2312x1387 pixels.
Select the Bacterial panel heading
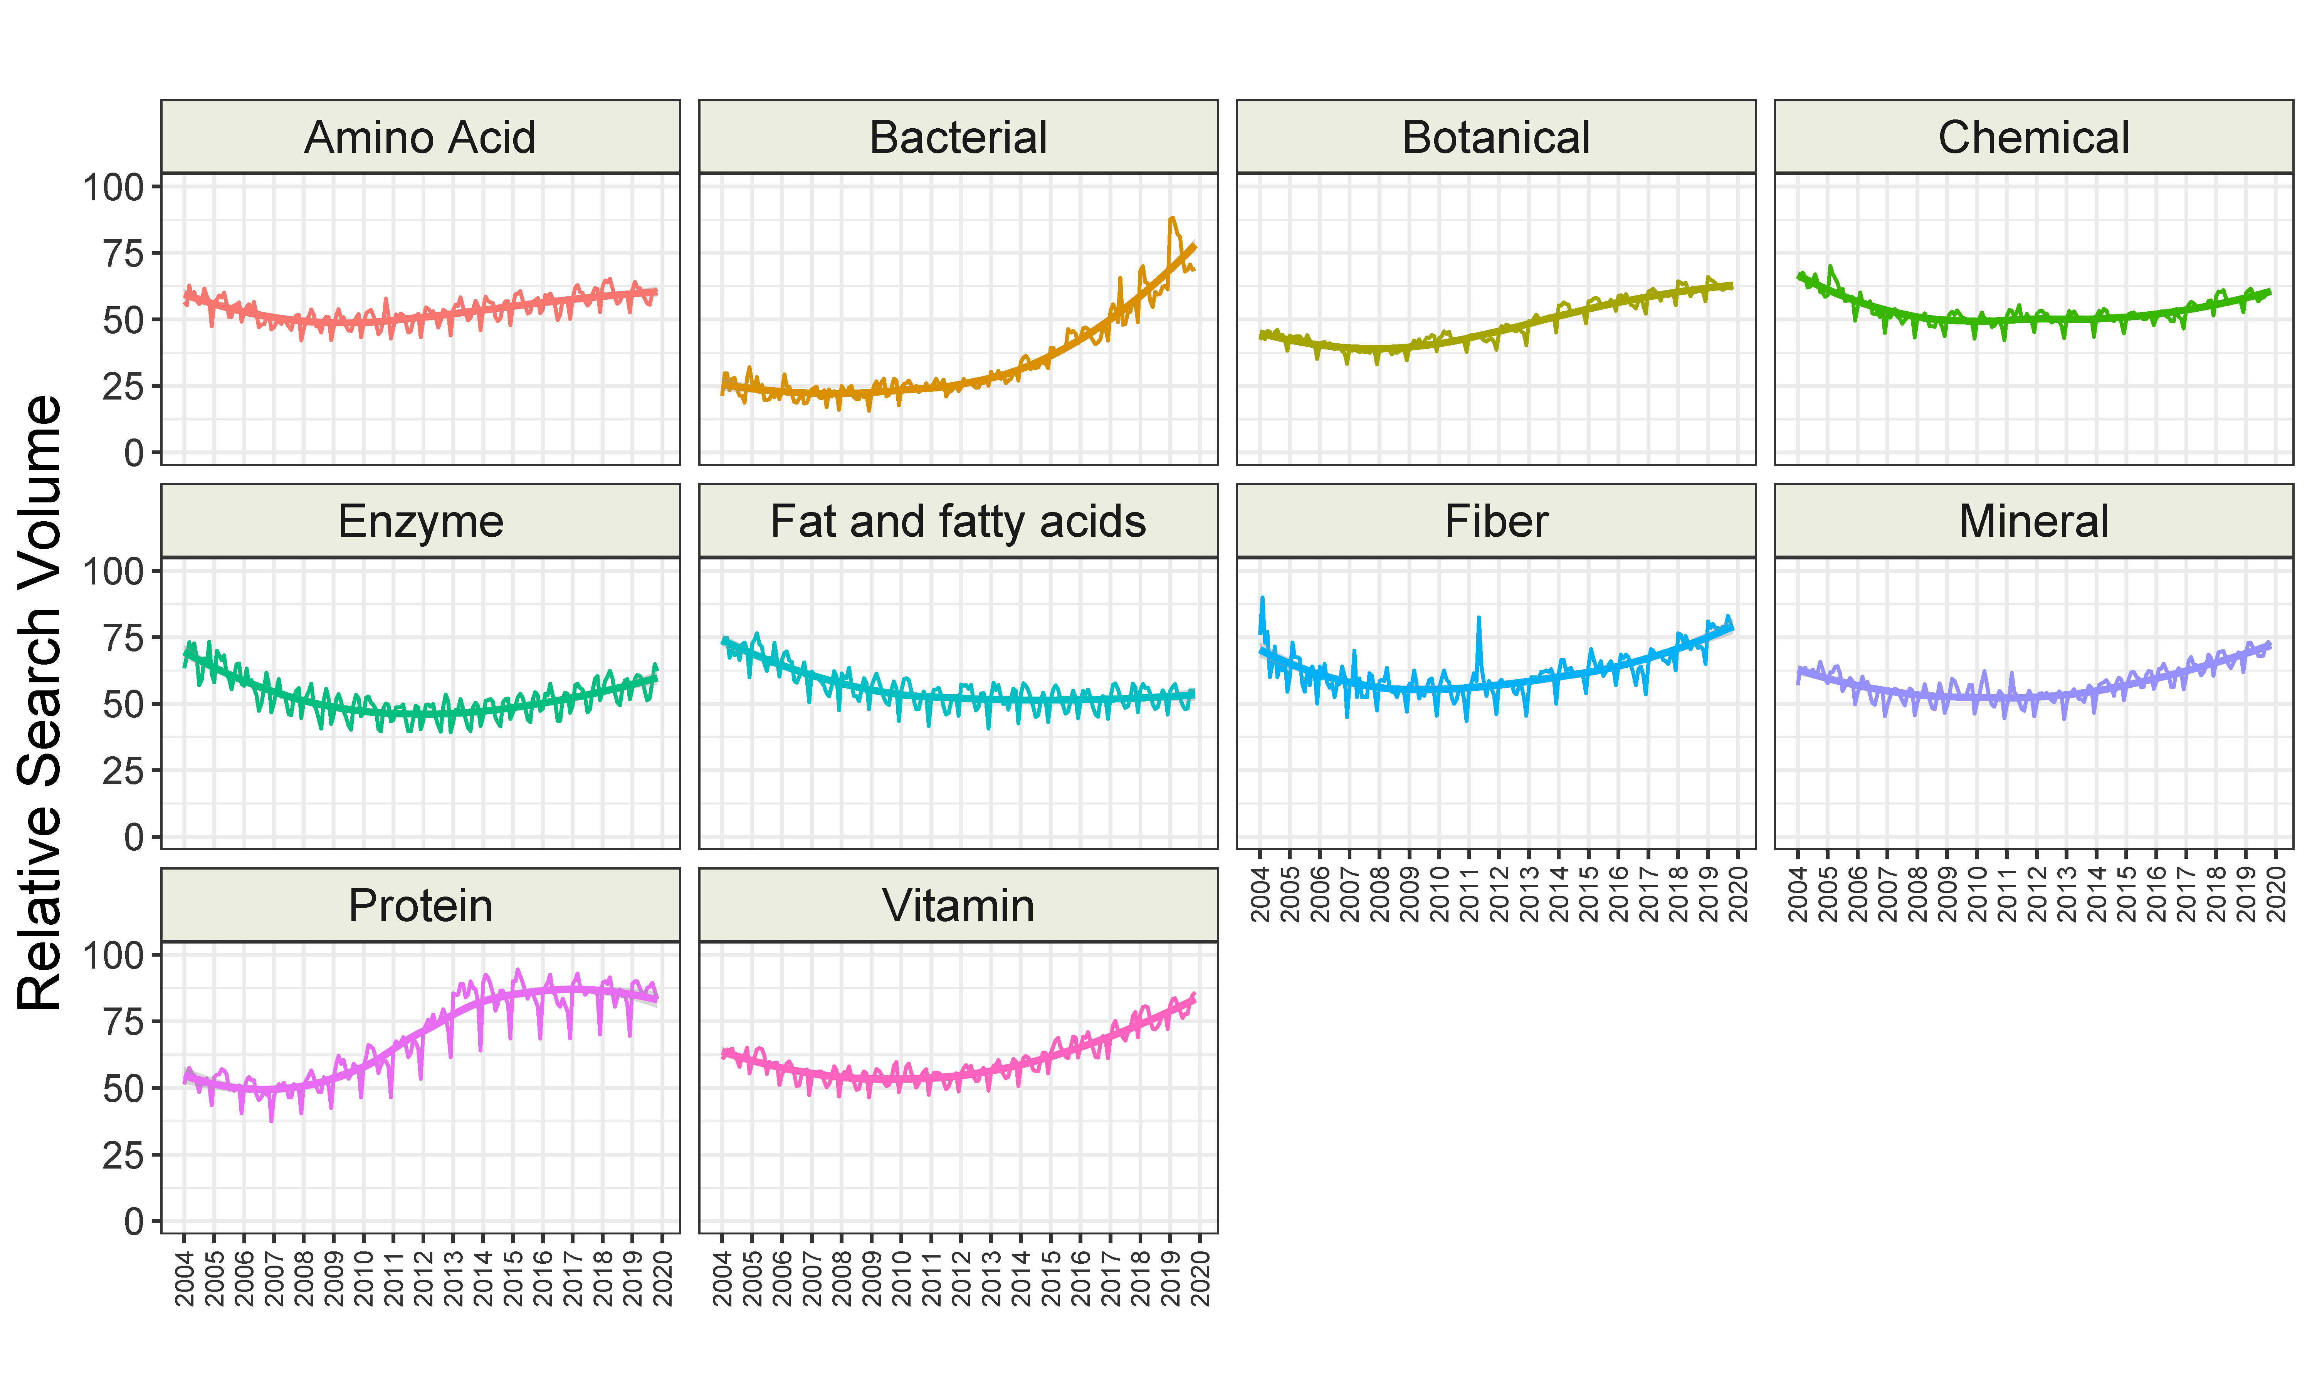(958, 138)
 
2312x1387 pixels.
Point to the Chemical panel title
(2033, 138)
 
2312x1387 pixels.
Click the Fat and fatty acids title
(958, 522)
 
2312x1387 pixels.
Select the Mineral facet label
(2033, 522)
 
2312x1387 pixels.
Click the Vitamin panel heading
(958, 906)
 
